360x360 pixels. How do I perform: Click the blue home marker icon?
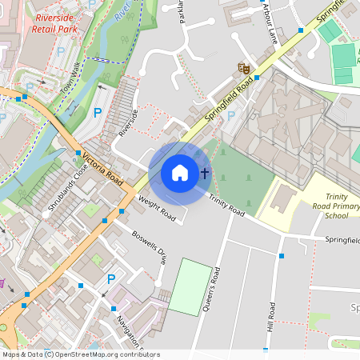point(180,173)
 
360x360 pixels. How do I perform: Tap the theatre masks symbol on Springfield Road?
point(239,69)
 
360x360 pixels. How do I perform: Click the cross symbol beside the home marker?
point(205,172)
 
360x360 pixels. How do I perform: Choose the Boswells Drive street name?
point(149,247)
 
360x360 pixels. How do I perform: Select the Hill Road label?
point(272,317)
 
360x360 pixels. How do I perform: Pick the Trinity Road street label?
point(226,205)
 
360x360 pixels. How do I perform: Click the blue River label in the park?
point(121,16)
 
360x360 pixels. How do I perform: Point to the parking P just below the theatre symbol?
point(231,116)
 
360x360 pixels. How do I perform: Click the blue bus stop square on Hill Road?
point(282,256)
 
